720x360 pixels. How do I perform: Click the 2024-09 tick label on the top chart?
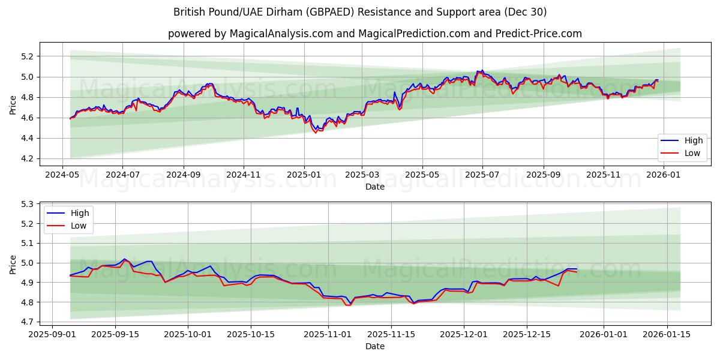pyautogui.click(x=183, y=175)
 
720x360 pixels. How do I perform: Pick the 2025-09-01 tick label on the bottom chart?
pyautogui.click(x=53, y=334)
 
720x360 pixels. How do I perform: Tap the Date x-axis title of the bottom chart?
pyautogui.click(x=375, y=346)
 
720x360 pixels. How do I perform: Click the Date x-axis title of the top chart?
pyautogui.click(x=375, y=187)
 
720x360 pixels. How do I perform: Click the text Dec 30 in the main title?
pyautogui.click(x=527, y=12)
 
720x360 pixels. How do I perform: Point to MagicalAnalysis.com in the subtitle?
pyautogui.click(x=281, y=34)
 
